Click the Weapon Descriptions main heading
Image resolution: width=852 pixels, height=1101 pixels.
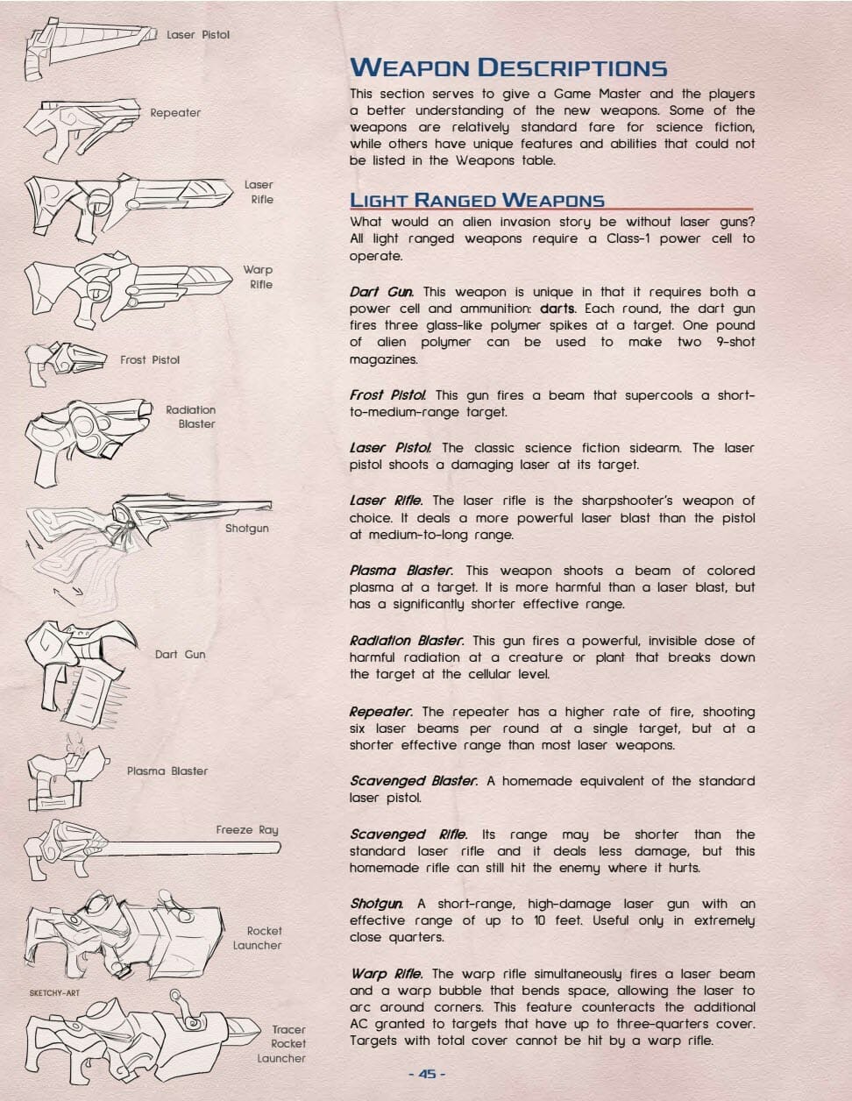[508, 67]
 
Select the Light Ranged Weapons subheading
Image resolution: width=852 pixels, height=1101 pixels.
[477, 200]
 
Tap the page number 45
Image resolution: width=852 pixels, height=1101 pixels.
[427, 1074]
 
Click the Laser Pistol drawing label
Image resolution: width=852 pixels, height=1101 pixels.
[198, 35]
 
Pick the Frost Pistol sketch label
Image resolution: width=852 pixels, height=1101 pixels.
[150, 359]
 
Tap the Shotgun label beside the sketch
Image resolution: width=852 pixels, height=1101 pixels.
[246, 529]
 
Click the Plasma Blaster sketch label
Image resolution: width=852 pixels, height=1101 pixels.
[167, 771]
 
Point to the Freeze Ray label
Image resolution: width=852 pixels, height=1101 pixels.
[247, 829]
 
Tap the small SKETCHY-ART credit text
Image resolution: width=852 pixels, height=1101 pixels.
[54, 993]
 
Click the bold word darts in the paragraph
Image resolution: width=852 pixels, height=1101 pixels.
[557, 309]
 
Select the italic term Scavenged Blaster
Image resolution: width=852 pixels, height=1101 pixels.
[414, 781]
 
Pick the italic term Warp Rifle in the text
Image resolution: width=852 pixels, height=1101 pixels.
[386, 974]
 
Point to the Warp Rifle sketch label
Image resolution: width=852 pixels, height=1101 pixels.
[259, 277]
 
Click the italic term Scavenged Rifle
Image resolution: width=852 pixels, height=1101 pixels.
[408, 835]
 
